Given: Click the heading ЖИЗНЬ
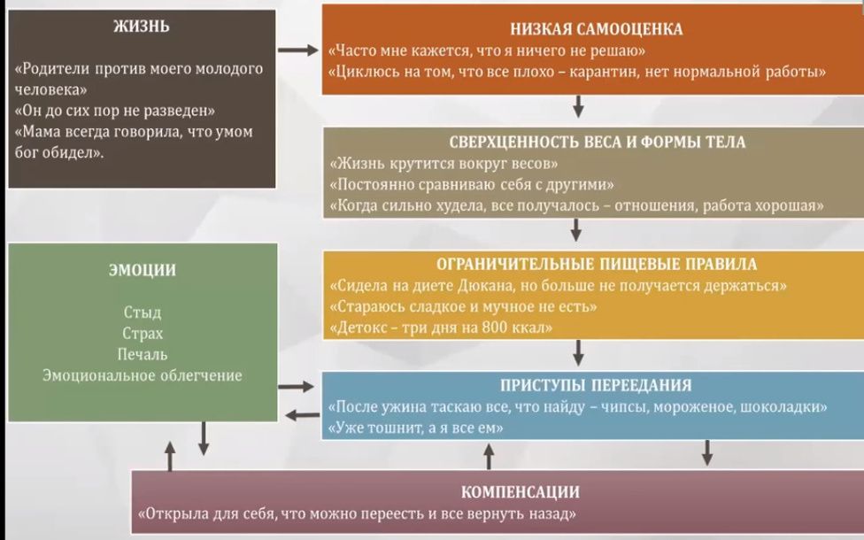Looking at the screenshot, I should [x=142, y=26].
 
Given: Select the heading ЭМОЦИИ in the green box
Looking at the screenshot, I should [x=142, y=271].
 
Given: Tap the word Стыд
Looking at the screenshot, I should [x=142, y=312].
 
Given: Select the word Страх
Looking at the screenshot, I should [x=142, y=333].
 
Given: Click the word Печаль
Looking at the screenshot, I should [x=142, y=354].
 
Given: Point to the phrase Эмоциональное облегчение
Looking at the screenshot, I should [x=142, y=375].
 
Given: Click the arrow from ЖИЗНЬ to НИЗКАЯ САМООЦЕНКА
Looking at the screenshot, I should [x=297, y=50].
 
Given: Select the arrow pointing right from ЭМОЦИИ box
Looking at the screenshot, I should [x=297, y=387].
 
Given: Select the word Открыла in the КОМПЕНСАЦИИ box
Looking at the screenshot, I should [x=174, y=514].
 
